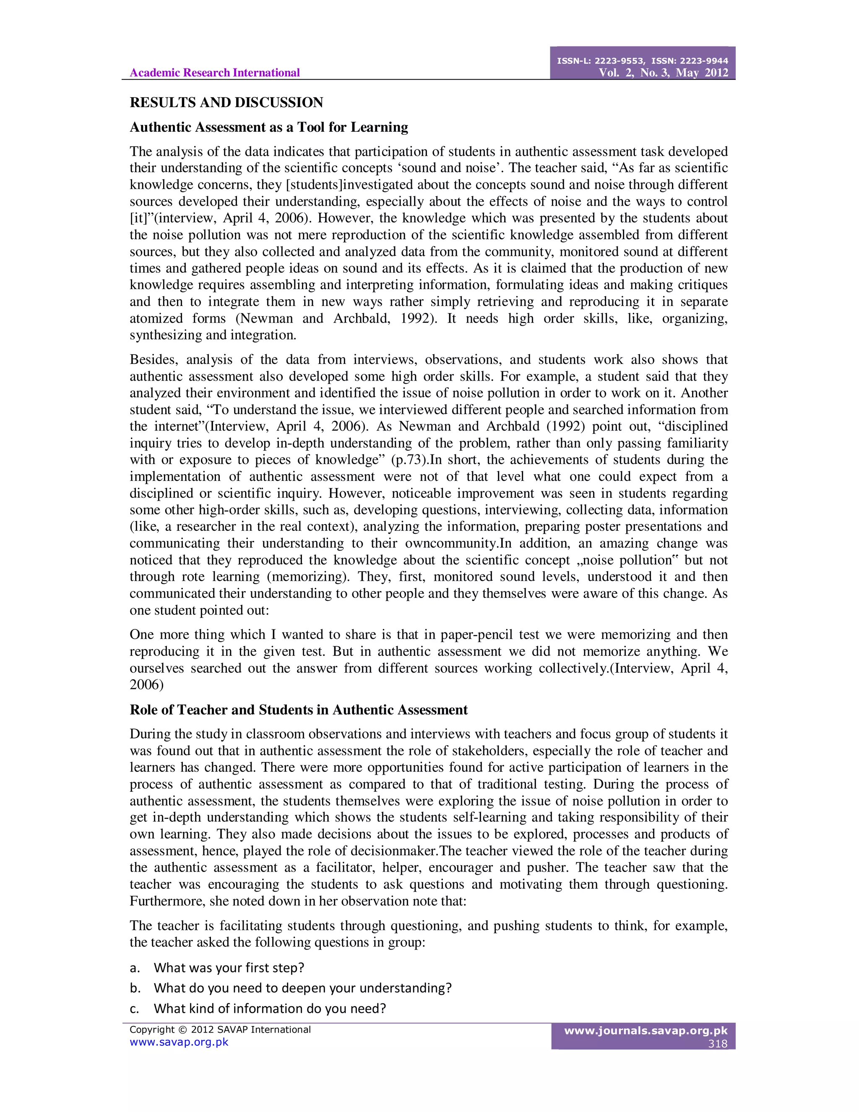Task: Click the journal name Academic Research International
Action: (214, 73)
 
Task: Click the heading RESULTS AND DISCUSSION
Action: (226, 102)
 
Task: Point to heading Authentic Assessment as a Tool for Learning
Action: (269, 127)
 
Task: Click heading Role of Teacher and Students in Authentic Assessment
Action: (298, 710)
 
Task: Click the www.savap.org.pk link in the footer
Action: (179, 1042)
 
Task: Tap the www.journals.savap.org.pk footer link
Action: (646, 1031)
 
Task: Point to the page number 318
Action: (718, 1043)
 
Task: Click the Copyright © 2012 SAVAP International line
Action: (220, 1029)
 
